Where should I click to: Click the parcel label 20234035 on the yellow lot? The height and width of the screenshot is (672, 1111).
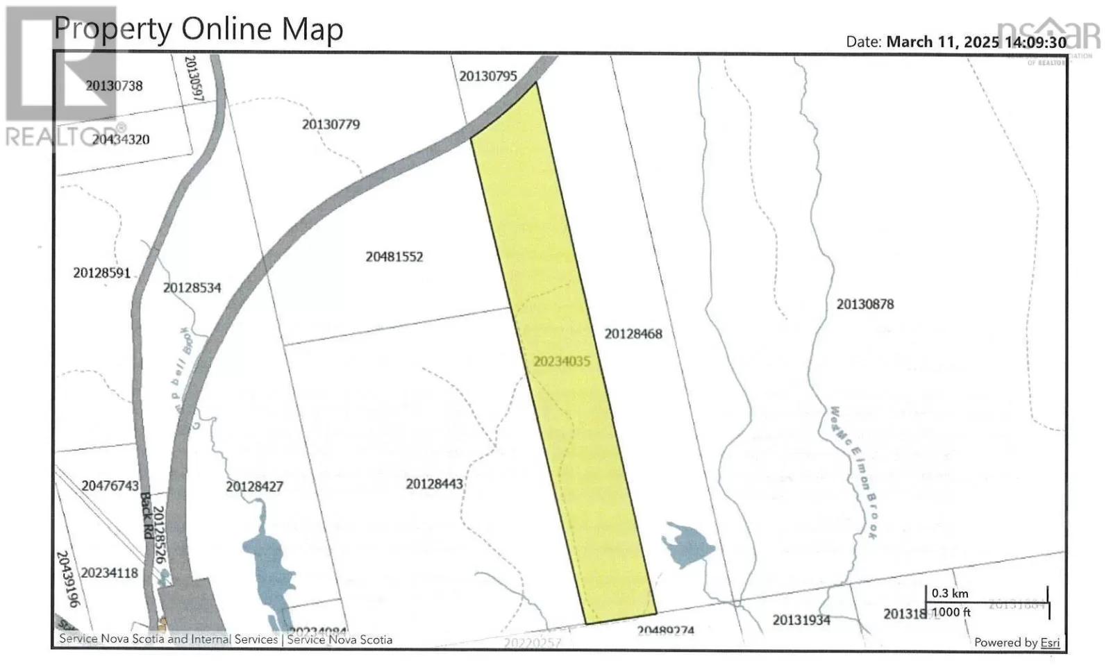tap(561, 362)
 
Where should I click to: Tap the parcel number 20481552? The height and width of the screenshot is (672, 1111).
tap(394, 257)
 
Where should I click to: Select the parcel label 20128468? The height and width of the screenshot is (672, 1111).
tap(633, 334)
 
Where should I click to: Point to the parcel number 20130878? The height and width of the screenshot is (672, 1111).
tap(864, 304)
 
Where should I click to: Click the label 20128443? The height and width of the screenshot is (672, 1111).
tap(434, 484)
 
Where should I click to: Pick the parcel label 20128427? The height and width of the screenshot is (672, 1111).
tap(254, 487)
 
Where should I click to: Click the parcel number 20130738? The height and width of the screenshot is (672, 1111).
tap(114, 86)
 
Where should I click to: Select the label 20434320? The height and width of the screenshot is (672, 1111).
tap(120, 140)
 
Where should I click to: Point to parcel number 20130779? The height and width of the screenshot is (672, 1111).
tap(331, 125)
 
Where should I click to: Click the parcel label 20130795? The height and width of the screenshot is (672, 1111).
tap(487, 76)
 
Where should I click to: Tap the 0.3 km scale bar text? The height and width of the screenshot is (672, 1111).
tap(949, 594)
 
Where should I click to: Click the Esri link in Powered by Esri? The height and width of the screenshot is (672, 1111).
tap(1050, 643)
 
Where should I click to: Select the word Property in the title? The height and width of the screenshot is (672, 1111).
tap(112, 30)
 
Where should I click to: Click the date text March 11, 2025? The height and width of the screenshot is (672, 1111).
tap(942, 42)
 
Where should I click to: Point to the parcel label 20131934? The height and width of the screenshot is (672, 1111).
tap(801, 620)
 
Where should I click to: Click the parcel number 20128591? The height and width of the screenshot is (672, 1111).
tap(101, 273)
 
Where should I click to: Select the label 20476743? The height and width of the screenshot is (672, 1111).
tap(110, 486)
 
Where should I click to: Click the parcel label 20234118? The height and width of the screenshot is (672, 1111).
tap(109, 573)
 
